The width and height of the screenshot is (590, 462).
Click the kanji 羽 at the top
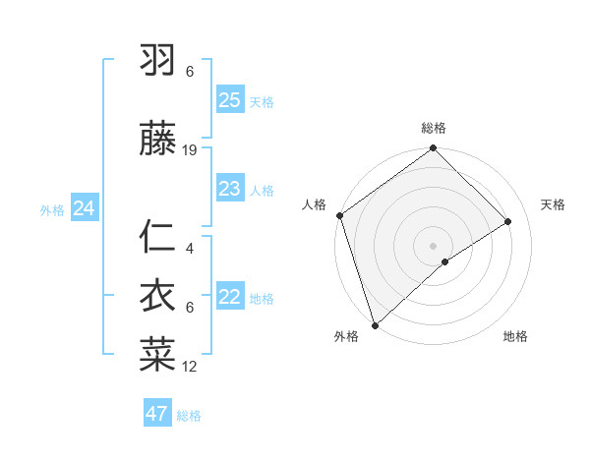tap(158, 61)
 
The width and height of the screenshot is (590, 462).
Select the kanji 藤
tap(158, 140)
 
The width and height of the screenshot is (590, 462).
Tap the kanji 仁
tap(158, 239)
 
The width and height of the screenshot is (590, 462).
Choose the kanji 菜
tap(158, 355)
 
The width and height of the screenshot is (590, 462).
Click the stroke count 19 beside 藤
tap(190, 150)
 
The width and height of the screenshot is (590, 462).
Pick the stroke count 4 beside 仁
tap(190, 249)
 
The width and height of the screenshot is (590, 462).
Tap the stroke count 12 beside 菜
tap(190, 367)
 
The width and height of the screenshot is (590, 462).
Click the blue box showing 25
tap(229, 100)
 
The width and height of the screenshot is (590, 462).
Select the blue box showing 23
tap(229, 189)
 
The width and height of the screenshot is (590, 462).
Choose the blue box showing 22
tap(229, 297)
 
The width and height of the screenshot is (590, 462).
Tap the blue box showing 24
tap(84, 208)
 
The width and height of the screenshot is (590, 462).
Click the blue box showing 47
tap(157, 414)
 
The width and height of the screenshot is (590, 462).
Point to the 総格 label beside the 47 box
tap(189, 416)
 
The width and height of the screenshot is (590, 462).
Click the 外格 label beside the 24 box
tap(52, 209)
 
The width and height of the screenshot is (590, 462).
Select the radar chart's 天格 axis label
tap(553, 204)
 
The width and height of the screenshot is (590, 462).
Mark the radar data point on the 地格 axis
tap(445, 261)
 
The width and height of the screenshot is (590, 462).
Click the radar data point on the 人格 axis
tap(339, 215)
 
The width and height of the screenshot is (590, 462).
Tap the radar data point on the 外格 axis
tap(374, 323)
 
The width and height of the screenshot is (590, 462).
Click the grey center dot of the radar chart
tap(433, 245)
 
